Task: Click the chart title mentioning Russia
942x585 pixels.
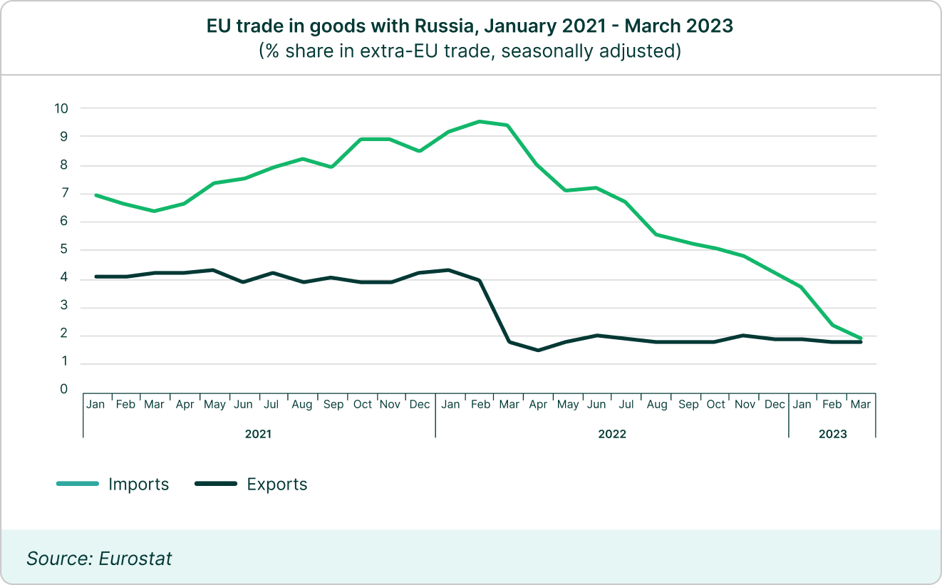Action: click(x=470, y=26)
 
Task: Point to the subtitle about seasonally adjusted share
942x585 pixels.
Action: click(x=470, y=51)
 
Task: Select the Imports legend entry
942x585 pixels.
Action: click(x=138, y=485)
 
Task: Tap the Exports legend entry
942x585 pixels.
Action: click(x=276, y=485)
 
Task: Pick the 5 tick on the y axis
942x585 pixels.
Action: click(x=64, y=249)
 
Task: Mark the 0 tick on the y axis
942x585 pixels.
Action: click(x=64, y=390)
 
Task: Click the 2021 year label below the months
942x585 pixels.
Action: click(x=258, y=433)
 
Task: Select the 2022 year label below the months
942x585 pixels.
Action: click(x=612, y=433)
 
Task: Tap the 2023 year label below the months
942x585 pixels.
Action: click(x=832, y=433)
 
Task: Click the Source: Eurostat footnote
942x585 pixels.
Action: click(x=99, y=558)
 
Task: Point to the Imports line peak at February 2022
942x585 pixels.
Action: click(x=480, y=121)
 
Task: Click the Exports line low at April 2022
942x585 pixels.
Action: click(x=539, y=350)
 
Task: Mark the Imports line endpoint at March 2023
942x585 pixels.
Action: click(x=861, y=338)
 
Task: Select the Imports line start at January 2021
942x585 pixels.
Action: click(x=95, y=195)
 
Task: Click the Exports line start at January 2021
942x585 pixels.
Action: click(x=95, y=276)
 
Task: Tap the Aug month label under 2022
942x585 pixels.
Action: click(x=657, y=405)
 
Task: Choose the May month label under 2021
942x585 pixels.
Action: click(x=214, y=405)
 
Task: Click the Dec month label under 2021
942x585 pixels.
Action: click(x=420, y=405)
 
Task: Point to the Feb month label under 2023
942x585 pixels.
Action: click(x=832, y=405)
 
